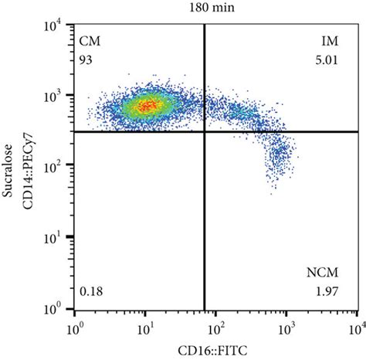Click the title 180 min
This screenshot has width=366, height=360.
[x=215, y=8]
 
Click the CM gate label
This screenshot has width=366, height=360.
[x=91, y=39]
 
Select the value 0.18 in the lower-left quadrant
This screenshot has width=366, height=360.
[x=92, y=290]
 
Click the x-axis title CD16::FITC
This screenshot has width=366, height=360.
[x=215, y=351]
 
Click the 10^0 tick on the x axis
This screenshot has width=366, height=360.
[x=76, y=325]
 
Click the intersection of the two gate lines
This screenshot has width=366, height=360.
[x=204, y=131]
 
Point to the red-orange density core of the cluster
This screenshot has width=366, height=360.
[x=147, y=104]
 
